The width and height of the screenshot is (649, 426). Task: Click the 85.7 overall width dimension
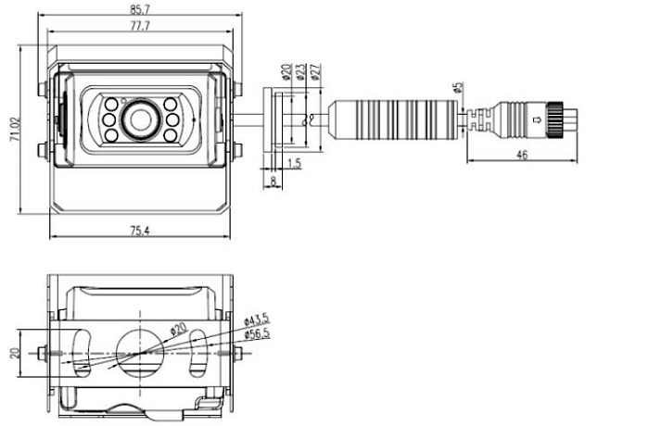click(140, 10)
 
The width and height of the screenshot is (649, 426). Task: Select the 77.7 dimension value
click(141, 27)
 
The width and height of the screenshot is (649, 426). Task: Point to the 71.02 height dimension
click(13, 129)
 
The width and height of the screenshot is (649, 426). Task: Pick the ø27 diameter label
click(315, 71)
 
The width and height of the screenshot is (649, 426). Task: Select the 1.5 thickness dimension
click(294, 163)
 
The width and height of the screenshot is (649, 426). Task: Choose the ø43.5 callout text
click(257, 320)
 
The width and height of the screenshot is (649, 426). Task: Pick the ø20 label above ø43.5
click(179, 328)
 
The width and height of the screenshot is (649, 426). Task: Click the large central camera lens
click(141, 119)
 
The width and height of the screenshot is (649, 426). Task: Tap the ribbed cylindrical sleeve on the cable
click(396, 118)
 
